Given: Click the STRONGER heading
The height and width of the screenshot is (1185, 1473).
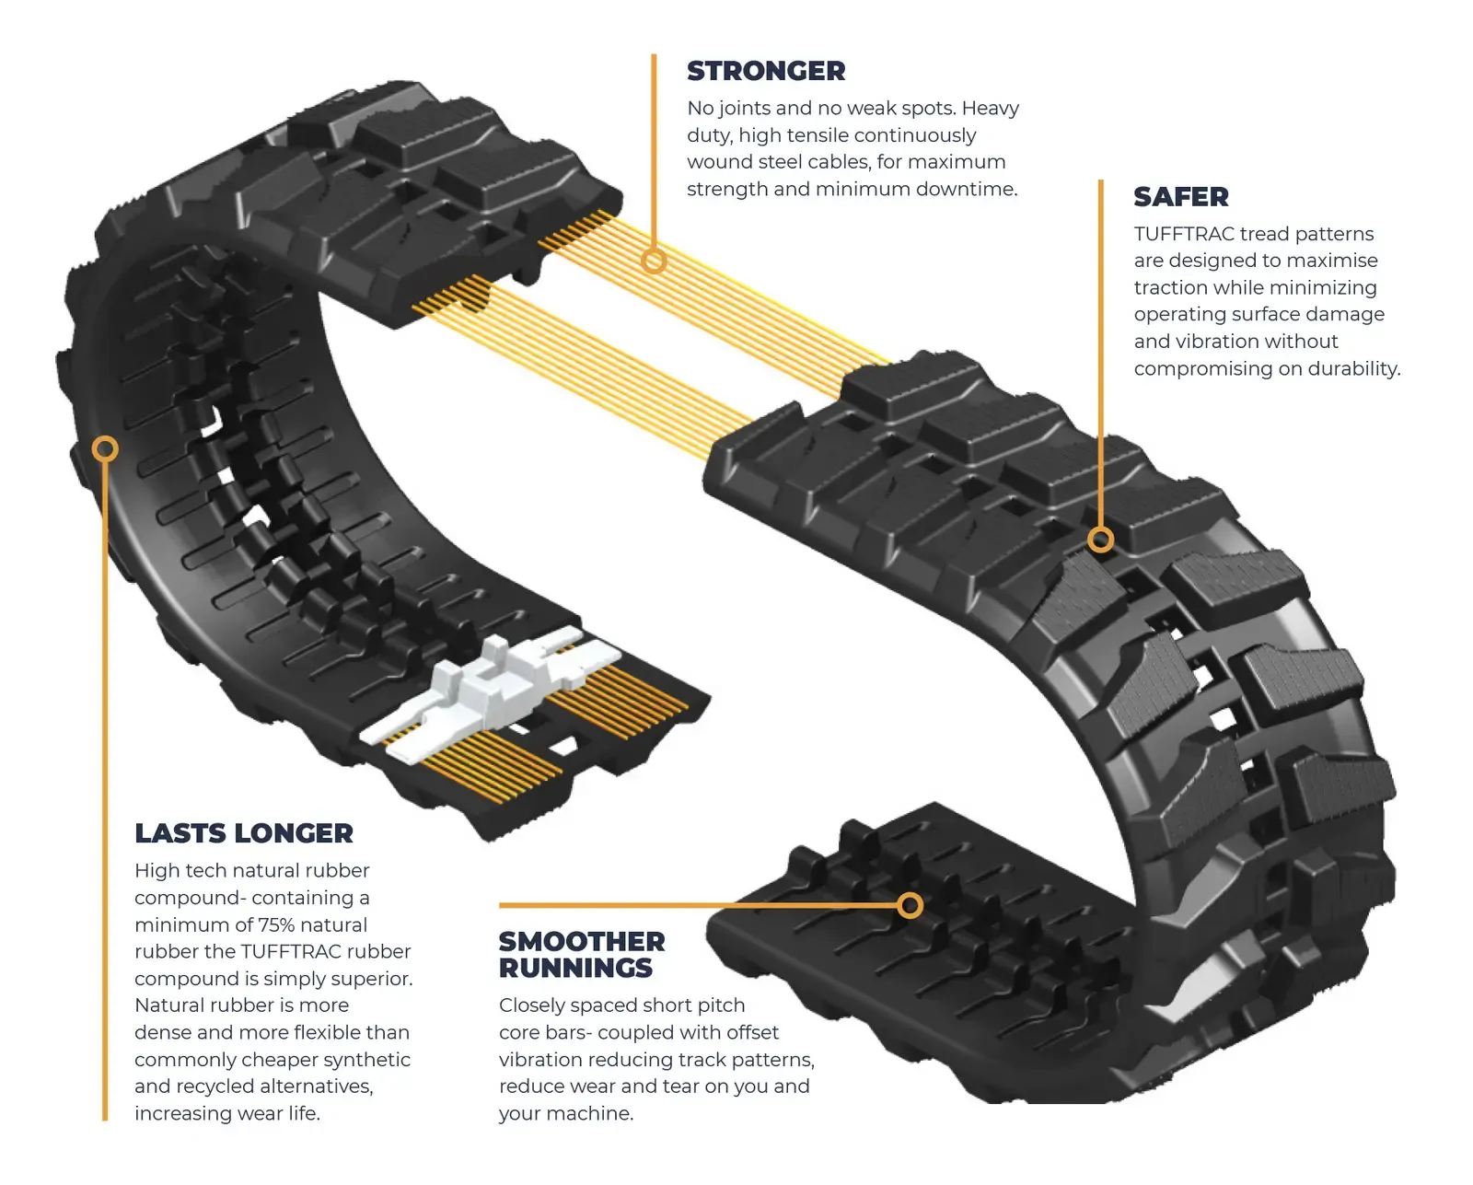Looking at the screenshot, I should [765, 71].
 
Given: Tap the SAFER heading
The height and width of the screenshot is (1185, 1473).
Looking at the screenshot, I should [1180, 197].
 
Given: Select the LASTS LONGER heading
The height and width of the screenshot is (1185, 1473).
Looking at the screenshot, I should [243, 833].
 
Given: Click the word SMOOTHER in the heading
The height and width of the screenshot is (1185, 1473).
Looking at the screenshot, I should [581, 942].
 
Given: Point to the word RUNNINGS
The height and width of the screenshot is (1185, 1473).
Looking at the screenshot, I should [575, 969].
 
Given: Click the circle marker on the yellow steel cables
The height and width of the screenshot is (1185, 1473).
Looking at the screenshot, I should [654, 261].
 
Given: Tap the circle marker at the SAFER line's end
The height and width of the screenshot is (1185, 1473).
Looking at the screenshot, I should [1100, 540].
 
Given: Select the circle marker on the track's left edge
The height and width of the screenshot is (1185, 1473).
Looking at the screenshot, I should [105, 449].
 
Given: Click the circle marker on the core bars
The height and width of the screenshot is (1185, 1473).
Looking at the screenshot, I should [910, 905].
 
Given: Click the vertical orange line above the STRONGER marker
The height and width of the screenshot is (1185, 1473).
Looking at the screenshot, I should [654, 147].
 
